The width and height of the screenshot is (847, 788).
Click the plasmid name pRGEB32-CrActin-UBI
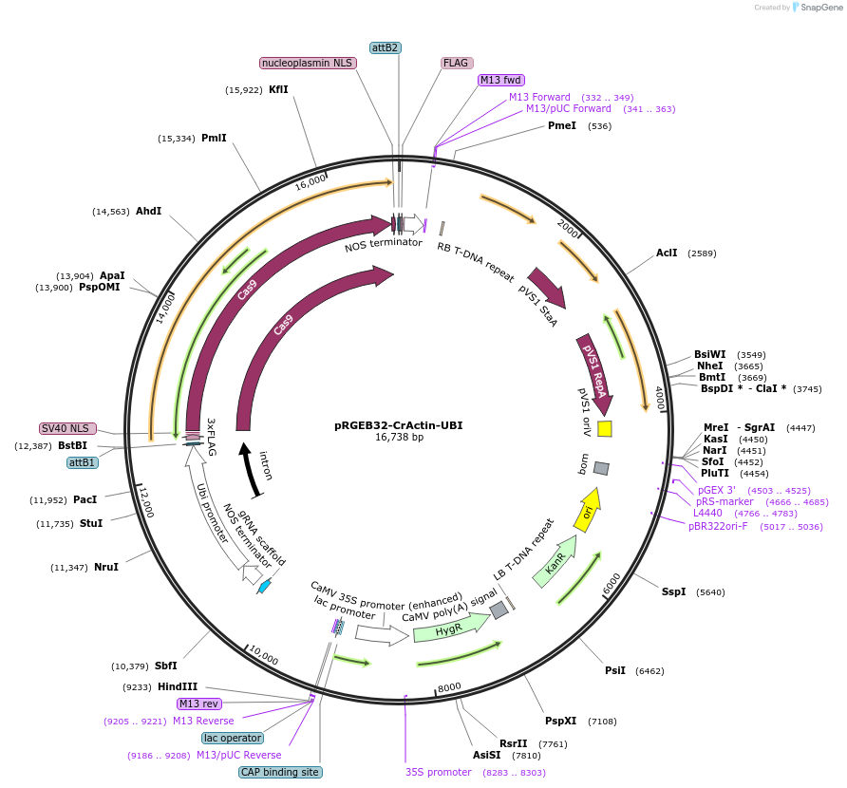(x=399, y=425)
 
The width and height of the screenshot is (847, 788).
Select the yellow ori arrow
(x=587, y=510)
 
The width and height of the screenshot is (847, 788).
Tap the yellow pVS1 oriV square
(x=604, y=429)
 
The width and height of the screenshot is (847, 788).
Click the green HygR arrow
(x=448, y=629)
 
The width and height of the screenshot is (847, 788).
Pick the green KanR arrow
(x=555, y=567)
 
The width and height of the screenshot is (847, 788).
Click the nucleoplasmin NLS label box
(x=307, y=63)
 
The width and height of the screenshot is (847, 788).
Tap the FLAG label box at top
(x=456, y=63)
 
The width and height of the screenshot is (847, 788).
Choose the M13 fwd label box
(x=500, y=80)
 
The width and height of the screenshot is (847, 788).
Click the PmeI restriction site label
(x=562, y=125)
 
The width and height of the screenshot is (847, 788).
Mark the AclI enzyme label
(x=667, y=253)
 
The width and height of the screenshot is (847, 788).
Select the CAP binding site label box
(x=280, y=772)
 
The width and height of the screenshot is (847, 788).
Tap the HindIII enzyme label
(x=178, y=686)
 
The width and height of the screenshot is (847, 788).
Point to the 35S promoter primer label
(x=438, y=772)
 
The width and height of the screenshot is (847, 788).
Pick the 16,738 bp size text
(x=399, y=438)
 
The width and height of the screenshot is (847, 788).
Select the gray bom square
(x=601, y=468)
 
